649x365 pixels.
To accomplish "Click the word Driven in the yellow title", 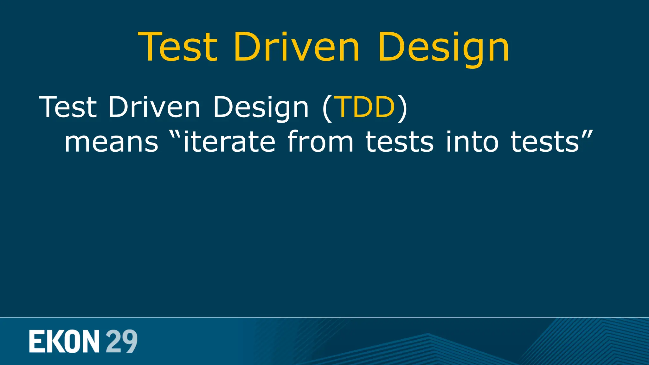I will pos(297,47).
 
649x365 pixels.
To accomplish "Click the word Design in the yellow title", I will pos(443,48).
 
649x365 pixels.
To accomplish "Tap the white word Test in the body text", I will pos(68,107).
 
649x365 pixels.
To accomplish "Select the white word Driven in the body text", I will pos(154,107).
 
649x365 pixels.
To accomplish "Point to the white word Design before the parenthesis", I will pos(260,108).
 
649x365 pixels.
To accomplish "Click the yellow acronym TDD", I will pos(365,107).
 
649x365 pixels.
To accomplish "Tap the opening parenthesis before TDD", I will pos(327,108).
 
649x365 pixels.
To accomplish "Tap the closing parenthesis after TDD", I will pos(402,108).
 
